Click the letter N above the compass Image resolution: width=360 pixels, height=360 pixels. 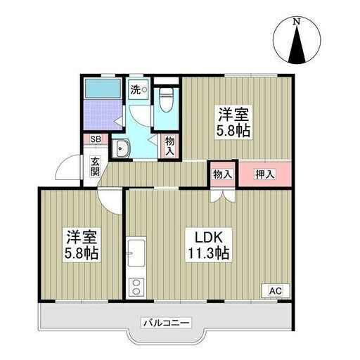coord(297,22)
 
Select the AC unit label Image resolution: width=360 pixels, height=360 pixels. coord(276,291)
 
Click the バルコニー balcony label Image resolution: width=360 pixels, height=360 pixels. coord(166,323)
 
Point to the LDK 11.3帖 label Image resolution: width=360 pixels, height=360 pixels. coord(209,245)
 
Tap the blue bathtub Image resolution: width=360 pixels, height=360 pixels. coord(103,88)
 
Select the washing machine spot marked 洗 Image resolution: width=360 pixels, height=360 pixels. coord(139,89)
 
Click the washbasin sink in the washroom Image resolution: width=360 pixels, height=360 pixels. coord(120,148)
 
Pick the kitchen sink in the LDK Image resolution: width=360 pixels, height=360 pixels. coord(136,253)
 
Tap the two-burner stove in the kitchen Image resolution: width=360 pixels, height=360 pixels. coord(136,287)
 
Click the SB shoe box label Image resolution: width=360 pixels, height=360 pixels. coord(96,139)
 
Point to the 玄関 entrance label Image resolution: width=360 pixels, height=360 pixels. coord(95,167)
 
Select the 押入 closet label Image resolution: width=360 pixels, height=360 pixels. coord(265,174)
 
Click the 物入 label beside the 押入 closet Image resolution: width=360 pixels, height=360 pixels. coord(222,174)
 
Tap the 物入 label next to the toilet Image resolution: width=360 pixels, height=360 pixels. coord(170,146)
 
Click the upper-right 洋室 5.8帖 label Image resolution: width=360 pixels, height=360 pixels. coord(233,122)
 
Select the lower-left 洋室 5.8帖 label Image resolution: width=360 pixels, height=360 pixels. coord(82,245)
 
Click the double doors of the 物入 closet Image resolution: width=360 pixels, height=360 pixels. coord(223,195)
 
